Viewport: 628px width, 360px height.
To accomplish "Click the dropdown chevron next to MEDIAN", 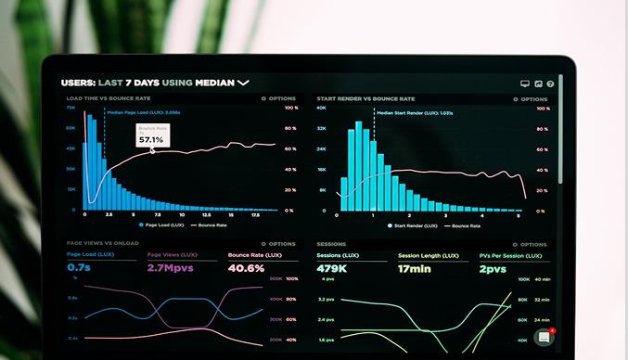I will [x=243, y=83].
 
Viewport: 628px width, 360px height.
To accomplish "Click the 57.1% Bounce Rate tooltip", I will [x=152, y=135].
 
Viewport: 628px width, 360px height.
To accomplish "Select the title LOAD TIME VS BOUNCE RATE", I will [x=109, y=98].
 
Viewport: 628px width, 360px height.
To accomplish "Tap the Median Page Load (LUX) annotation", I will [x=143, y=112].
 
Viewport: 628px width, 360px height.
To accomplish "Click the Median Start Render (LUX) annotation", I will [x=415, y=112].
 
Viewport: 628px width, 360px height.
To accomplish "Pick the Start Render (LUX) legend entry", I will [x=412, y=225].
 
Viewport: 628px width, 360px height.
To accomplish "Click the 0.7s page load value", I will [x=79, y=268].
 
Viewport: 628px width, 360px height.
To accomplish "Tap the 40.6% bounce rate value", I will [x=246, y=268].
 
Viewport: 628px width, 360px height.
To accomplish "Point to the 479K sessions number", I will [x=331, y=269].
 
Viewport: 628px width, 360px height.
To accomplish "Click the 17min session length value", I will [x=416, y=269].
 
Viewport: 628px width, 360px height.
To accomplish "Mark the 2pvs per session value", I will [x=493, y=269].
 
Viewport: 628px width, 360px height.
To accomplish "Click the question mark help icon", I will [x=550, y=84].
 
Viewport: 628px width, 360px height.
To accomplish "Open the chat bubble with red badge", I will [x=544, y=337].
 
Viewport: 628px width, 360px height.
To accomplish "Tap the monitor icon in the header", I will [x=525, y=84].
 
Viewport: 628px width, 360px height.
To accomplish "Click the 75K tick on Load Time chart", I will [x=70, y=108].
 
